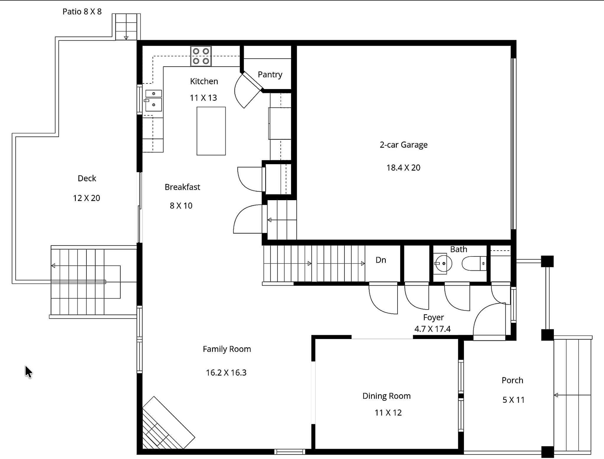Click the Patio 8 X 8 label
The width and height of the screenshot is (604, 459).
(x=82, y=11)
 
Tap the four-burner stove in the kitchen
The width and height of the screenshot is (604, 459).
(x=201, y=56)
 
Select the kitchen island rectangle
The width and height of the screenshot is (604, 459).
(x=211, y=131)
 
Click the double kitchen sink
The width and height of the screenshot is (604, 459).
(x=153, y=101)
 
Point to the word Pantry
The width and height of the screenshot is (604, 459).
(x=270, y=75)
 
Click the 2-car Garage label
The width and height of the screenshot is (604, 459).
(x=403, y=145)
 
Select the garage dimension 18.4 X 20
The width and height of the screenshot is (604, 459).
(x=403, y=168)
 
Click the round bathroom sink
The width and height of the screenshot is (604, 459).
(x=443, y=263)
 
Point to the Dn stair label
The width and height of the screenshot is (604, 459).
(x=381, y=260)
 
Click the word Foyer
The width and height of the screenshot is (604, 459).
(x=433, y=317)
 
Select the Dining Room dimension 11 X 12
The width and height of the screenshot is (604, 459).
(x=388, y=413)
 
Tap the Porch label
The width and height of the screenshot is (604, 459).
(x=512, y=380)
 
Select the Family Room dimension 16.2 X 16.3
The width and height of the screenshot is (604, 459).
(x=226, y=373)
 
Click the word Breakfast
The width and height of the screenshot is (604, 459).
(x=182, y=187)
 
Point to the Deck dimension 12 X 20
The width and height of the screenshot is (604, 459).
(x=86, y=198)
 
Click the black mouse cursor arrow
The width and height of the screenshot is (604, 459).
(x=28, y=372)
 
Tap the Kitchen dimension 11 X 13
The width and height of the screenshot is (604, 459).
(x=203, y=98)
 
